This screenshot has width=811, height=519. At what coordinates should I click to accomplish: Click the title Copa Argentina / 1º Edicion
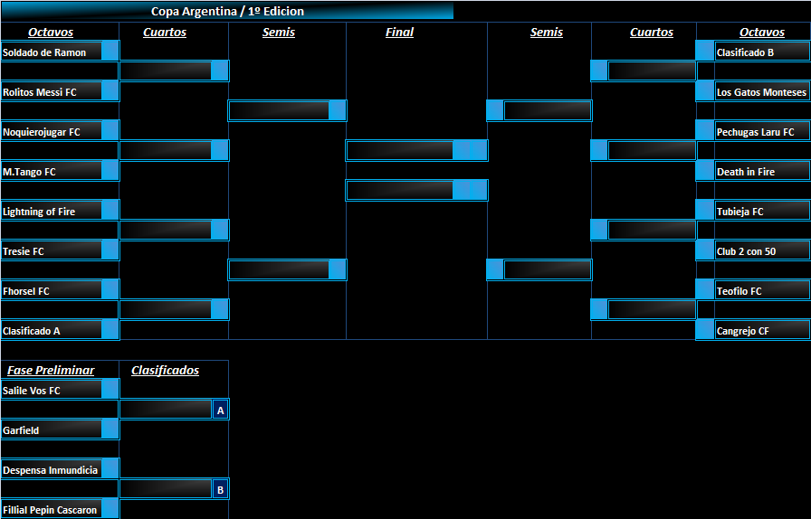(227, 12)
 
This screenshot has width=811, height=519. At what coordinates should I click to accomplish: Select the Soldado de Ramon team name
(44, 52)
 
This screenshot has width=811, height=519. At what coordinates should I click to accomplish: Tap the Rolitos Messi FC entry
(40, 92)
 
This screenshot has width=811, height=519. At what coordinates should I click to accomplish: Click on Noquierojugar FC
(42, 132)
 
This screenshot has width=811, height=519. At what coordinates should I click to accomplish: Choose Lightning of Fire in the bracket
(39, 212)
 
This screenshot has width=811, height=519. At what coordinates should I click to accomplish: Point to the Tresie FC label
(24, 251)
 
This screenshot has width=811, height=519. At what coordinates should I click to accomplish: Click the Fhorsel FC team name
(26, 291)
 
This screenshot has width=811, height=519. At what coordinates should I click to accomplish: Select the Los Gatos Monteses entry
(761, 92)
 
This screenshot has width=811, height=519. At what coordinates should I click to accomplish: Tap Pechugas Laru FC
(755, 132)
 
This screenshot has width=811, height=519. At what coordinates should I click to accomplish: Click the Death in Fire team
(746, 172)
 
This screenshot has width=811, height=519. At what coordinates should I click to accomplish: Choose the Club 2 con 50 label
(747, 251)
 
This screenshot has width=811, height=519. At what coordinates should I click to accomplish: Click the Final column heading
(399, 32)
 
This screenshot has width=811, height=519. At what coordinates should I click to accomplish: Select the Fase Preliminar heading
(51, 370)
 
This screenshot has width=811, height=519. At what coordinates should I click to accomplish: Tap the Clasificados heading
(165, 370)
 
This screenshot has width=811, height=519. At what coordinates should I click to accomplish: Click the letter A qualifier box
(220, 410)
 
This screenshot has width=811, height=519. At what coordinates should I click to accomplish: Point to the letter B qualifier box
(220, 489)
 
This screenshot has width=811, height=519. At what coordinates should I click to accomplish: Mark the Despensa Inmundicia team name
(50, 470)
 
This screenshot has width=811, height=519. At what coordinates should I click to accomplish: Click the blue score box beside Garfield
(110, 429)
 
